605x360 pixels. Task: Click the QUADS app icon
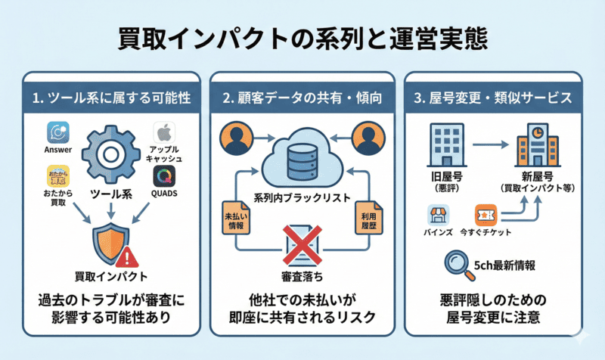(x=164, y=177)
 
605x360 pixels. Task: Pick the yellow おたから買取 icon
(x=58, y=178)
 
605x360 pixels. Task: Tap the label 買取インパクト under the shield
(x=111, y=274)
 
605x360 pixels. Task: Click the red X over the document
(x=302, y=246)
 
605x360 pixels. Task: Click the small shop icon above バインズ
(x=438, y=214)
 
